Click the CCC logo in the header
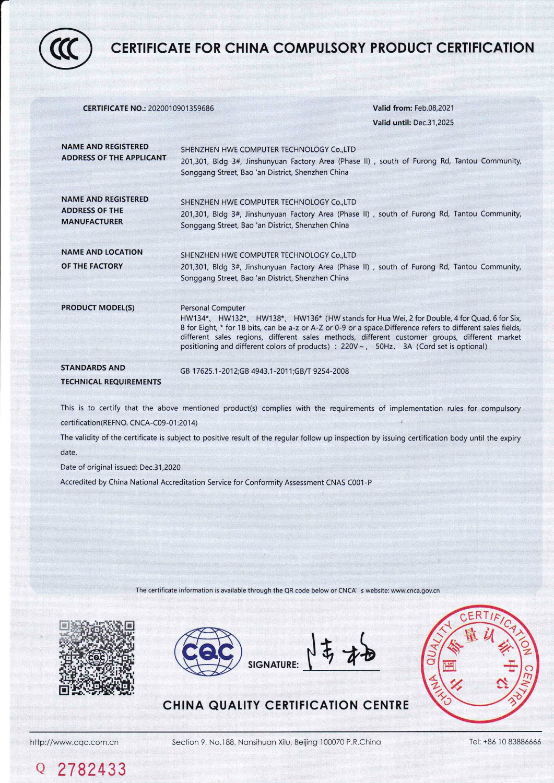pos(66,49)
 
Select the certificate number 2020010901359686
pos(181,109)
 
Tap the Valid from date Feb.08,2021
pos(434,108)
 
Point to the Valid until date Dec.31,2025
pos(433,123)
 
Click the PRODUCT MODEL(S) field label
pos(98,307)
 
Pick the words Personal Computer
pos(213,308)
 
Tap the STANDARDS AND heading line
pos(93,367)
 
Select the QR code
pos(97,658)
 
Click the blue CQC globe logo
pos(208,651)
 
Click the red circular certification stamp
pos(478,664)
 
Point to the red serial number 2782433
pos(91,769)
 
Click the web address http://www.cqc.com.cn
pos(74,742)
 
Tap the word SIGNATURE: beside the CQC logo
pos(273,665)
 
